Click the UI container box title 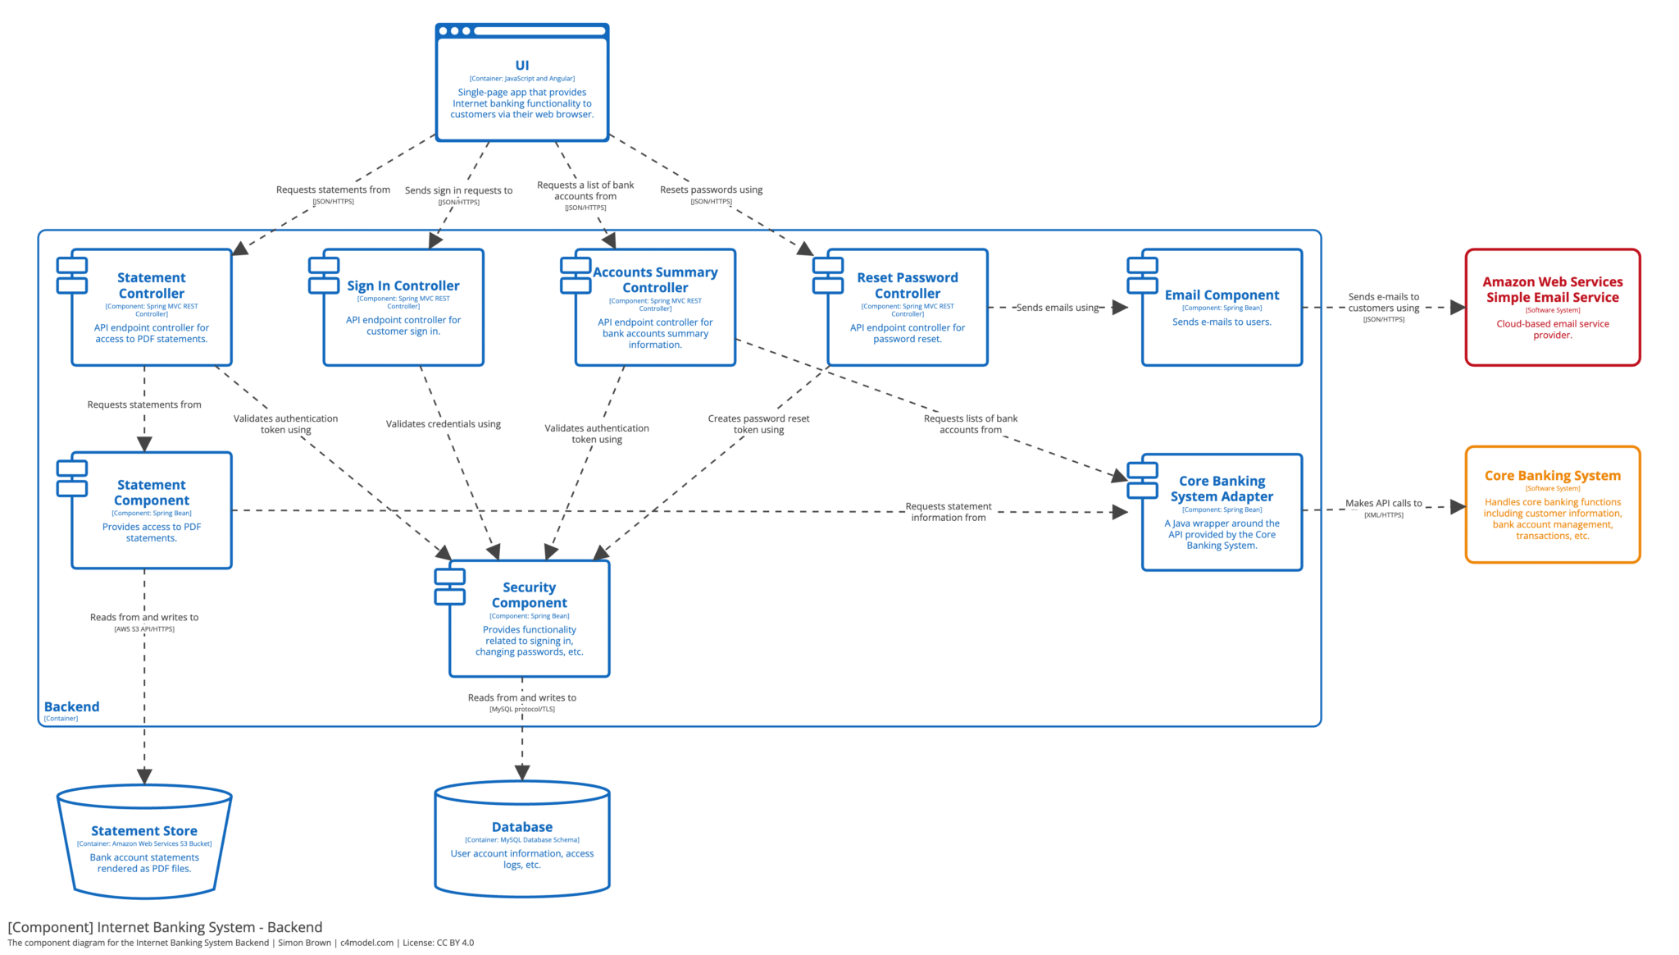521,66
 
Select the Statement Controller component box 152,308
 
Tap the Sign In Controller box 403,308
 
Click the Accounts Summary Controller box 655,308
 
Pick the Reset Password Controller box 907,308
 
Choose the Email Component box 1222,308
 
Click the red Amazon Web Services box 1552,308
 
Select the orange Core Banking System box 1552,505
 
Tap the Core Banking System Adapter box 1222,512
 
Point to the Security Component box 529,619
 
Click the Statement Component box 152,510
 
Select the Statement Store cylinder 144,845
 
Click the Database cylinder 521,841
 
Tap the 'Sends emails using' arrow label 1057,308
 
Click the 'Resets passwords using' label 711,190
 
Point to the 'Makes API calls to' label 1383,504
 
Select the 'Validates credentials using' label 443,424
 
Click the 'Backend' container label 71,706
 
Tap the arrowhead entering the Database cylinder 521,773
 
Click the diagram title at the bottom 165,927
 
